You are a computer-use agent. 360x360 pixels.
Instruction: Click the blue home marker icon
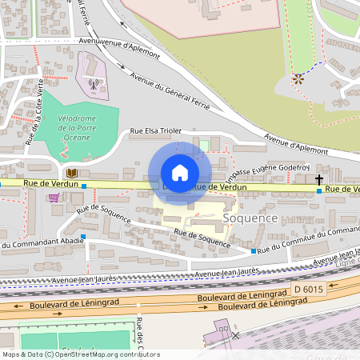pyautogui.click(x=180, y=173)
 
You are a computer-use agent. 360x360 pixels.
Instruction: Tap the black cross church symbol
pyautogui.click(x=319, y=179)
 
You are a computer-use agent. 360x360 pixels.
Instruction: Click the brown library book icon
pyautogui.click(x=73, y=172)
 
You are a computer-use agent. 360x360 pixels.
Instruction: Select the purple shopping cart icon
pyautogui.click(x=54, y=197)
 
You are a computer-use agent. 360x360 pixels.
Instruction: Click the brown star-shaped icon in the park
pyautogui.click(x=298, y=79)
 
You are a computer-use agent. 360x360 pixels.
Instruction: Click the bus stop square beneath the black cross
pyautogui.click(x=319, y=191)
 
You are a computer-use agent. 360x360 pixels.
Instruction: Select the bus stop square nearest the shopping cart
pyautogui.click(x=83, y=186)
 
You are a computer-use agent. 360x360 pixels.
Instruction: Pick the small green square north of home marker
pyautogui.click(x=203, y=145)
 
